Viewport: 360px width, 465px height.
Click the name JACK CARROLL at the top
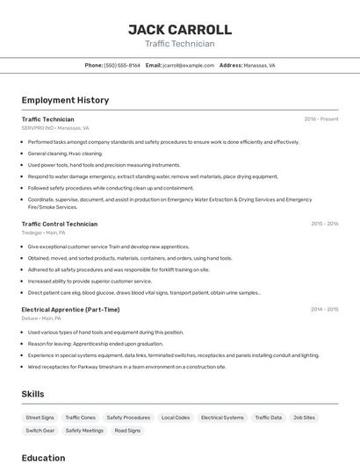pyautogui.click(x=180, y=30)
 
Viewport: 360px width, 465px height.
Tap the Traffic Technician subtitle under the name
pyautogui.click(x=180, y=44)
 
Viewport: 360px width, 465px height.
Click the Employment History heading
pyautogui.click(x=65, y=100)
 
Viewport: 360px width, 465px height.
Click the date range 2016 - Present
pyautogui.click(x=320, y=119)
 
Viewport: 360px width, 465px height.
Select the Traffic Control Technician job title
pyautogui.click(x=60, y=224)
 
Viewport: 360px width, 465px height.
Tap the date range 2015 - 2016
pyautogui.click(x=324, y=224)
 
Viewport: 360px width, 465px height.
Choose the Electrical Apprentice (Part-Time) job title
pyautogui.click(x=70, y=310)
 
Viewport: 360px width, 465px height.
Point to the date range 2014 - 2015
pyautogui.click(x=324, y=310)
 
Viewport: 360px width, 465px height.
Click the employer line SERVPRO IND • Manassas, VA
pyautogui.click(x=55, y=128)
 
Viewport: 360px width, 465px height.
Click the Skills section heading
pyautogui.click(x=32, y=395)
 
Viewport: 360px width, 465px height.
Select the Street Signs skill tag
pyautogui.click(x=40, y=418)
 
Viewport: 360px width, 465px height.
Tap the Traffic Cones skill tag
pyautogui.click(x=81, y=418)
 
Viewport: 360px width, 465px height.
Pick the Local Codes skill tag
pyautogui.click(x=176, y=418)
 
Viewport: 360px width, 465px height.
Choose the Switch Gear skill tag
pyautogui.click(x=40, y=431)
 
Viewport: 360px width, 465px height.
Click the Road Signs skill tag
pyautogui.click(x=127, y=431)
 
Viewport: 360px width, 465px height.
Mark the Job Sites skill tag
pyautogui.click(x=304, y=418)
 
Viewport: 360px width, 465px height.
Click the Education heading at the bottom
pyautogui.click(x=43, y=458)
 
